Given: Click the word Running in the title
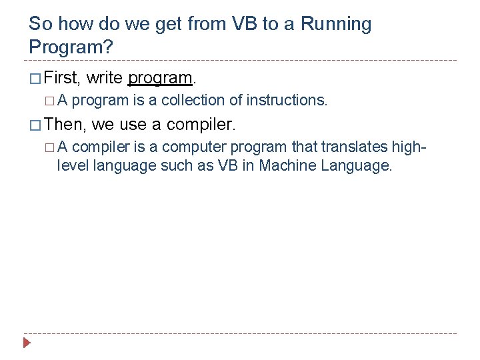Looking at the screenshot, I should click(x=337, y=24).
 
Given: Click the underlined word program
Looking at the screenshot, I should click(x=159, y=78).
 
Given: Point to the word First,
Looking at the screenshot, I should click(x=62, y=78).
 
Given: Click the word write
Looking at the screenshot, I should click(x=105, y=78).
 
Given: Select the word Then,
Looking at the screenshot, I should click(x=65, y=124).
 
